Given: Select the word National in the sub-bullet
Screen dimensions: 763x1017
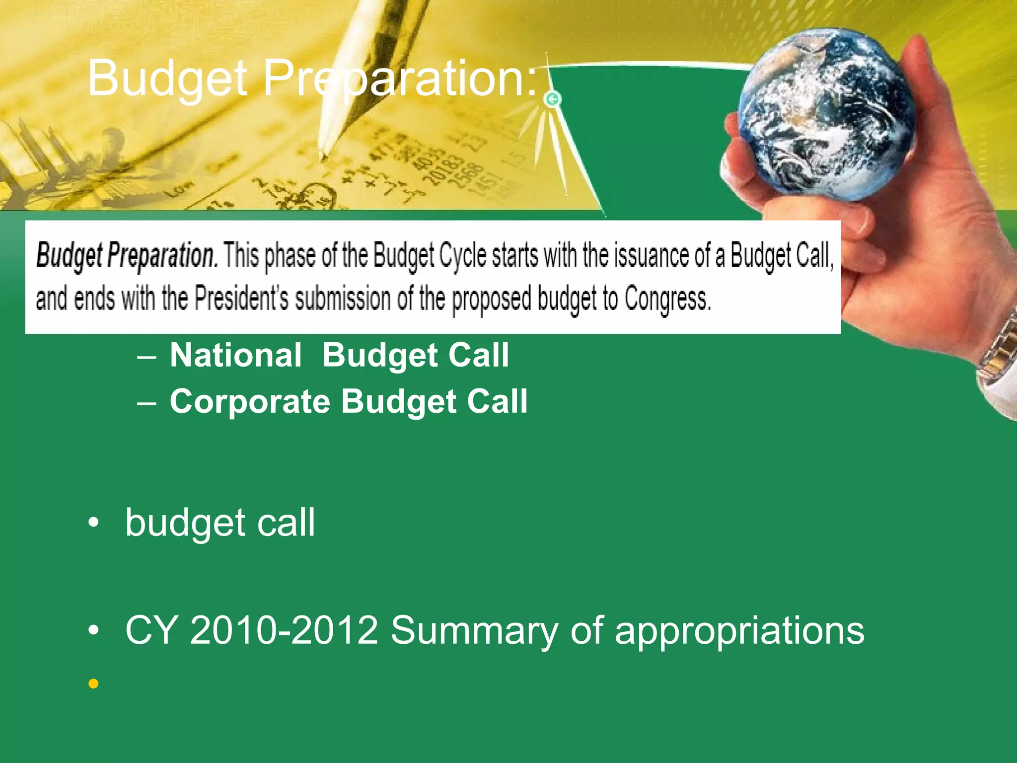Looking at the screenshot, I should point(235,356).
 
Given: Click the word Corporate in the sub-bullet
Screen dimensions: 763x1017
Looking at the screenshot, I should point(250,401).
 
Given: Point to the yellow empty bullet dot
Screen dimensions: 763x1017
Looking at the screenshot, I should point(93,685).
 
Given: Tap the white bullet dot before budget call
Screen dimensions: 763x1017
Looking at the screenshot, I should point(93,524).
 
